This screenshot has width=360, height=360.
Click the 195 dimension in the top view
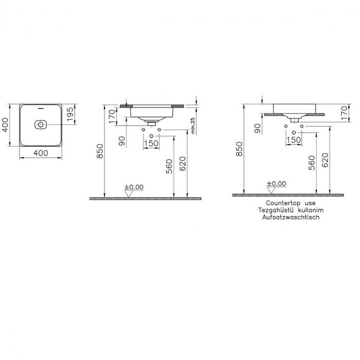pos(69,114)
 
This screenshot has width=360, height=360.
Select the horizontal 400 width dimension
pos(41,153)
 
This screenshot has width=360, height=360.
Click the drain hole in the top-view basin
pos(41,124)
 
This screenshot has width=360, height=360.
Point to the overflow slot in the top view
pos(41,108)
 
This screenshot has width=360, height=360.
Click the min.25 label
pos(193,126)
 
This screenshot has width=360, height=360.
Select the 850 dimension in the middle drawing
pos(100,151)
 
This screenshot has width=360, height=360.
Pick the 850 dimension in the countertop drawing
pos(239,149)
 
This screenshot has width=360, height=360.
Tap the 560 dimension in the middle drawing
pos(169,166)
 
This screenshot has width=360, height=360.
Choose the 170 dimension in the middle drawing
pos(112,116)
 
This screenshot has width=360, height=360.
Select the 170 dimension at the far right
pos(345,113)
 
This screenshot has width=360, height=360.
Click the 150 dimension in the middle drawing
pos(151,143)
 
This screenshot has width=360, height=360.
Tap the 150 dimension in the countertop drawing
pos(294,139)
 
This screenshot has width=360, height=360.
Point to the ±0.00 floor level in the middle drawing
pos(134,187)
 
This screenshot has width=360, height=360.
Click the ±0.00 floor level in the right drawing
pos(277,184)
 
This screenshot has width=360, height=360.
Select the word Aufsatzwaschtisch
pos(291,217)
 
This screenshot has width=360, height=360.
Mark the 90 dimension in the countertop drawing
pos(258,128)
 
